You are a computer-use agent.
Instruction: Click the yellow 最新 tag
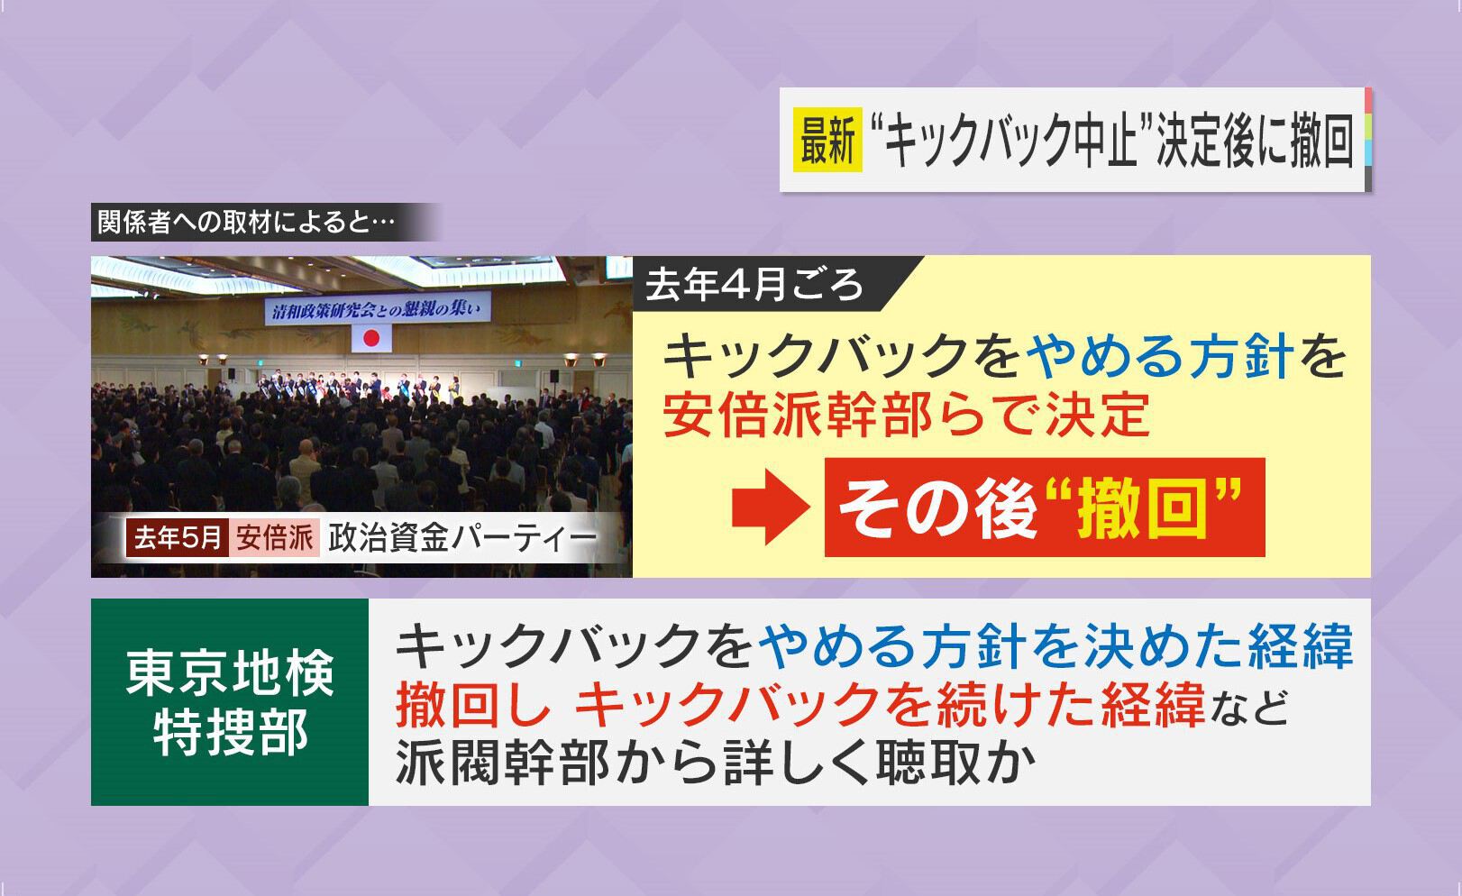click(x=827, y=140)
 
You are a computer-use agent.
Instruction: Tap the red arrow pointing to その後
click(x=771, y=507)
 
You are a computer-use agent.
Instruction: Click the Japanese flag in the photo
click(x=371, y=338)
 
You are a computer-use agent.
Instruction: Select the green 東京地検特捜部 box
click(x=230, y=701)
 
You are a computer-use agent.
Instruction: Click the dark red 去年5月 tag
click(x=177, y=538)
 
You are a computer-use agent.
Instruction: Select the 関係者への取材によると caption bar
click(x=261, y=222)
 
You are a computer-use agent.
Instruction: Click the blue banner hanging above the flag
click(x=378, y=308)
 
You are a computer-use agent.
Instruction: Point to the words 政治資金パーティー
click(x=462, y=539)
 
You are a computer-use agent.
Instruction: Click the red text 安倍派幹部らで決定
click(x=907, y=415)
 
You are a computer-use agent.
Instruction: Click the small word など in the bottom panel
click(x=1247, y=708)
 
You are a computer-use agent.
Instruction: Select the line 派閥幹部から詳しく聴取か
click(x=716, y=761)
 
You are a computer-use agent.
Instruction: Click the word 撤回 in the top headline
click(x=1321, y=141)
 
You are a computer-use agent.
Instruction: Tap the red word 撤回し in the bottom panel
click(x=472, y=705)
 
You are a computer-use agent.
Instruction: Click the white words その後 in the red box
click(x=937, y=508)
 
